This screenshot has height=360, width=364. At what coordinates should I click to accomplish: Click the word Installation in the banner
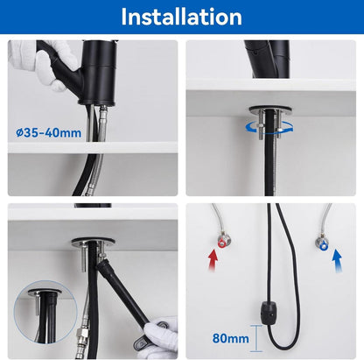tap(181, 17)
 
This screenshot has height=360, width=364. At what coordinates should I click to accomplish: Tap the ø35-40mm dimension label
tap(49, 133)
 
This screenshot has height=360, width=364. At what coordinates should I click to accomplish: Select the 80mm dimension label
tap(230, 338)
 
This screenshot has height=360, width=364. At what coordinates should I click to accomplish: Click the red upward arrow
tap(213, 260)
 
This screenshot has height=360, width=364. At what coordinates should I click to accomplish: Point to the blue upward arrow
tap(337, 260)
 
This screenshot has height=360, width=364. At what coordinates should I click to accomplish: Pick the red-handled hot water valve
tap(223, 241)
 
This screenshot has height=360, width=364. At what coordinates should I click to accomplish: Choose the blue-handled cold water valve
tap(322, 244)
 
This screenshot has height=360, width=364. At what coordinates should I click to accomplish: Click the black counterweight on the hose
tap(269, 314)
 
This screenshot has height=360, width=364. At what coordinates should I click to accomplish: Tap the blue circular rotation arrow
tap(269, 128)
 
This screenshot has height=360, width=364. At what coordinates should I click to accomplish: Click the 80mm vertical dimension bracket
tap(256, 338)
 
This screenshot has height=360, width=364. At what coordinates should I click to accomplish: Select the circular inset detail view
tap(45, 312)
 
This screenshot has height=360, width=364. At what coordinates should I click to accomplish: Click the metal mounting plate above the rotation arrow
tap(270, 109)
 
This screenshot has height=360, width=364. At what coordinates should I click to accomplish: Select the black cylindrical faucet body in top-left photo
tap(99, 73)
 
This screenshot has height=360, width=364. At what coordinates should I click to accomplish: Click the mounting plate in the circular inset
tap(45, 292)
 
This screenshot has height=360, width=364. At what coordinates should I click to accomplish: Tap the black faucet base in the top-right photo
tap(268, 60)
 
